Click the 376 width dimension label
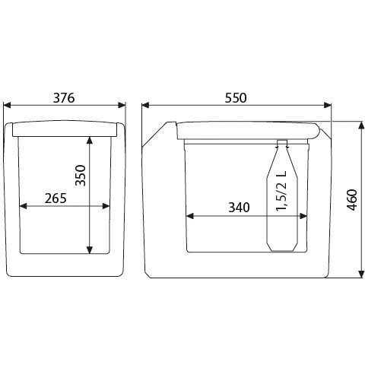click(64, 98)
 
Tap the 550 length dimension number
click(236, 98)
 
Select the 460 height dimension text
click(352, 200)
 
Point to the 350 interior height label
click(81, 176)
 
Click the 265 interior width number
click(56, 198)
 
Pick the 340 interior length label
click(239, 208)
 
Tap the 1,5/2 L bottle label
click(281, 191)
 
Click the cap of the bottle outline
click(282, 142)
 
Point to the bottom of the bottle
click(282, 250)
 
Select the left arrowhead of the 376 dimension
click(7, 105)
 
